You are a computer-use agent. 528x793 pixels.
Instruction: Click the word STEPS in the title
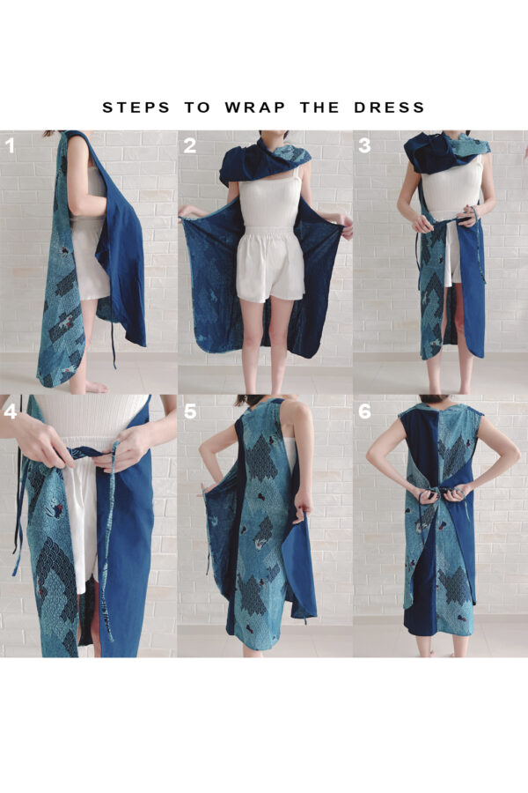tap(136, 107)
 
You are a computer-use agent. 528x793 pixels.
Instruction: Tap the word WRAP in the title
tap(255, 107)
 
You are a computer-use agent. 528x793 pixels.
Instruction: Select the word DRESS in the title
tap(389, 107)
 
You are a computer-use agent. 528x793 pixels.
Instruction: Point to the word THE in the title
tap(319, 107)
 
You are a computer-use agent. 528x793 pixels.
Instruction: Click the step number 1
tap(10, 146)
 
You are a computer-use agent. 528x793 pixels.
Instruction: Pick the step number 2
tap(189, 145)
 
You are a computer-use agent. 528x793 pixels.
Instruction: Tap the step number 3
tap(364, 145)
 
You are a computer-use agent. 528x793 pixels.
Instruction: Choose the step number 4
tap(11, 411)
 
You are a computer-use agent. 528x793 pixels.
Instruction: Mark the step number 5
tap(189, 411)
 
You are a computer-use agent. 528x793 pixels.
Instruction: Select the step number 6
tap(364, 411)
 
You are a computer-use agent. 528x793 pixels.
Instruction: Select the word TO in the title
tap(197, 107)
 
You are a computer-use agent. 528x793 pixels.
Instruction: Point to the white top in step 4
tap(91, 418)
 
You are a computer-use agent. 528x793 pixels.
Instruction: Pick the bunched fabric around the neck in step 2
tap(265, 159)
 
